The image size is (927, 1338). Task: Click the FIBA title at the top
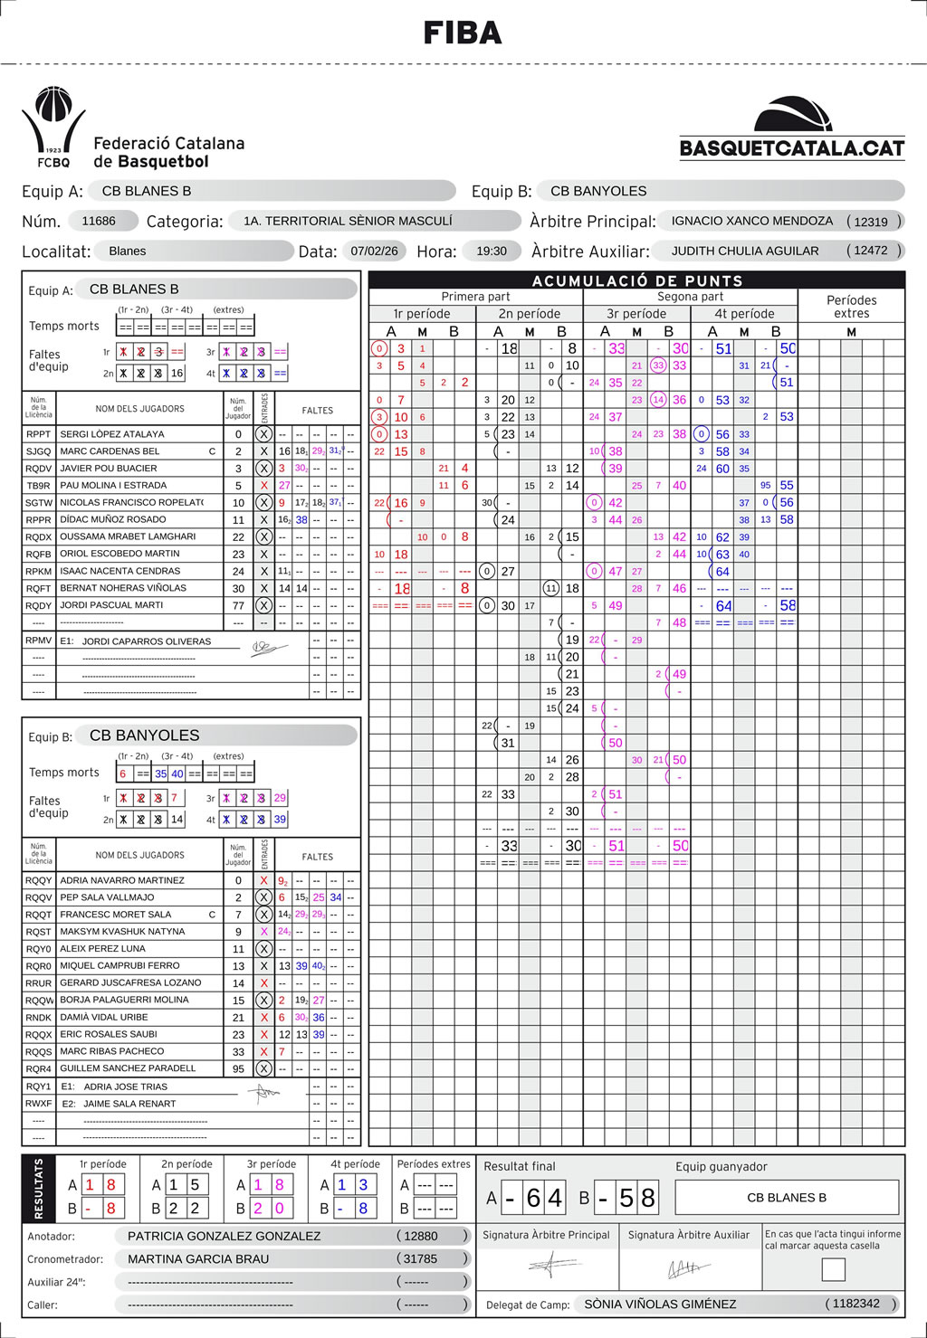point(463,33)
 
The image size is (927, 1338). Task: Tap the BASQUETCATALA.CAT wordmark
point(792,148)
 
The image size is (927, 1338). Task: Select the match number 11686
point(99,221)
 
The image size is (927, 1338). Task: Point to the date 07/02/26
point(375,251)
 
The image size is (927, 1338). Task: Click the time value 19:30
point(492,251)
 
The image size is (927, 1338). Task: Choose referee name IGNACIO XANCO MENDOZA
point(751,221)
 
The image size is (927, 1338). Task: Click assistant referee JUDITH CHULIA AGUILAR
point(745,251)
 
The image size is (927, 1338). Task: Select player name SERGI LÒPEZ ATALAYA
point(112,434)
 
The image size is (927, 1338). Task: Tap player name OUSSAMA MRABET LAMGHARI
point(128,536)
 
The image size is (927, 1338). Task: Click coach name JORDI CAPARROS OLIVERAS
point(147,641)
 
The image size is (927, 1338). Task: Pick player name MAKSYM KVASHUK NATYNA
point(122,931)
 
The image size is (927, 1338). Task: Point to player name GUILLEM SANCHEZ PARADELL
point(128,1068)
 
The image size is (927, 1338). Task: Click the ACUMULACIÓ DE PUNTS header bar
point(636,280)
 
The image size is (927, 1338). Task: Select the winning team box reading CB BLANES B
point(787,1198)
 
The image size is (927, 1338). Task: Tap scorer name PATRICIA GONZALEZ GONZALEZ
point(224,1236)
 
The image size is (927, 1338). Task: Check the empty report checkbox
point(833,1269)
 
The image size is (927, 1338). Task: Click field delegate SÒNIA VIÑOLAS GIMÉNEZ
point(660,1304)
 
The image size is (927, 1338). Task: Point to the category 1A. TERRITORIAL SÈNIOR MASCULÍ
point(348,221)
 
